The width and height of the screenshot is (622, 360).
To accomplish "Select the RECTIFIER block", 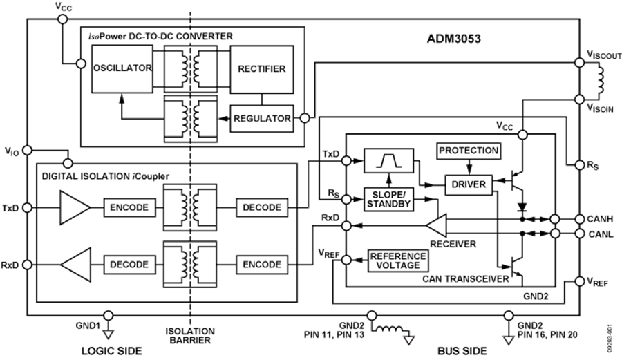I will [261, 69].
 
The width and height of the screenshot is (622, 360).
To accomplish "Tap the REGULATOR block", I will [261, 117].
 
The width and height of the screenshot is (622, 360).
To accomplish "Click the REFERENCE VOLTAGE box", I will [398, 260].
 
